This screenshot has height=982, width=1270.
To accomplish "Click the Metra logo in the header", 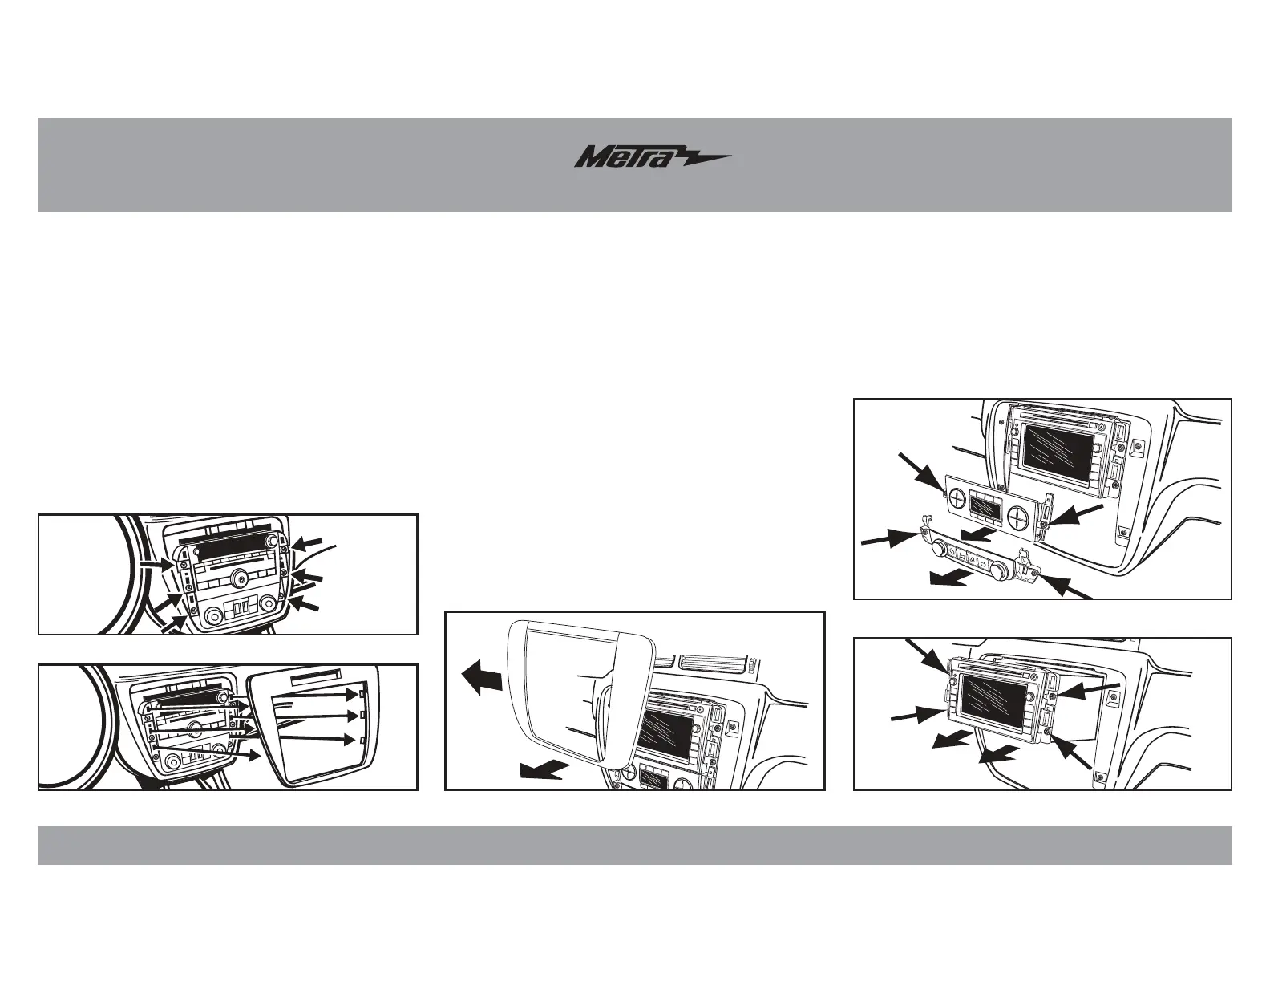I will [x=652, y=157].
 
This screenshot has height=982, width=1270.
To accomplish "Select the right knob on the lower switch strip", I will [x=997, y=570].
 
